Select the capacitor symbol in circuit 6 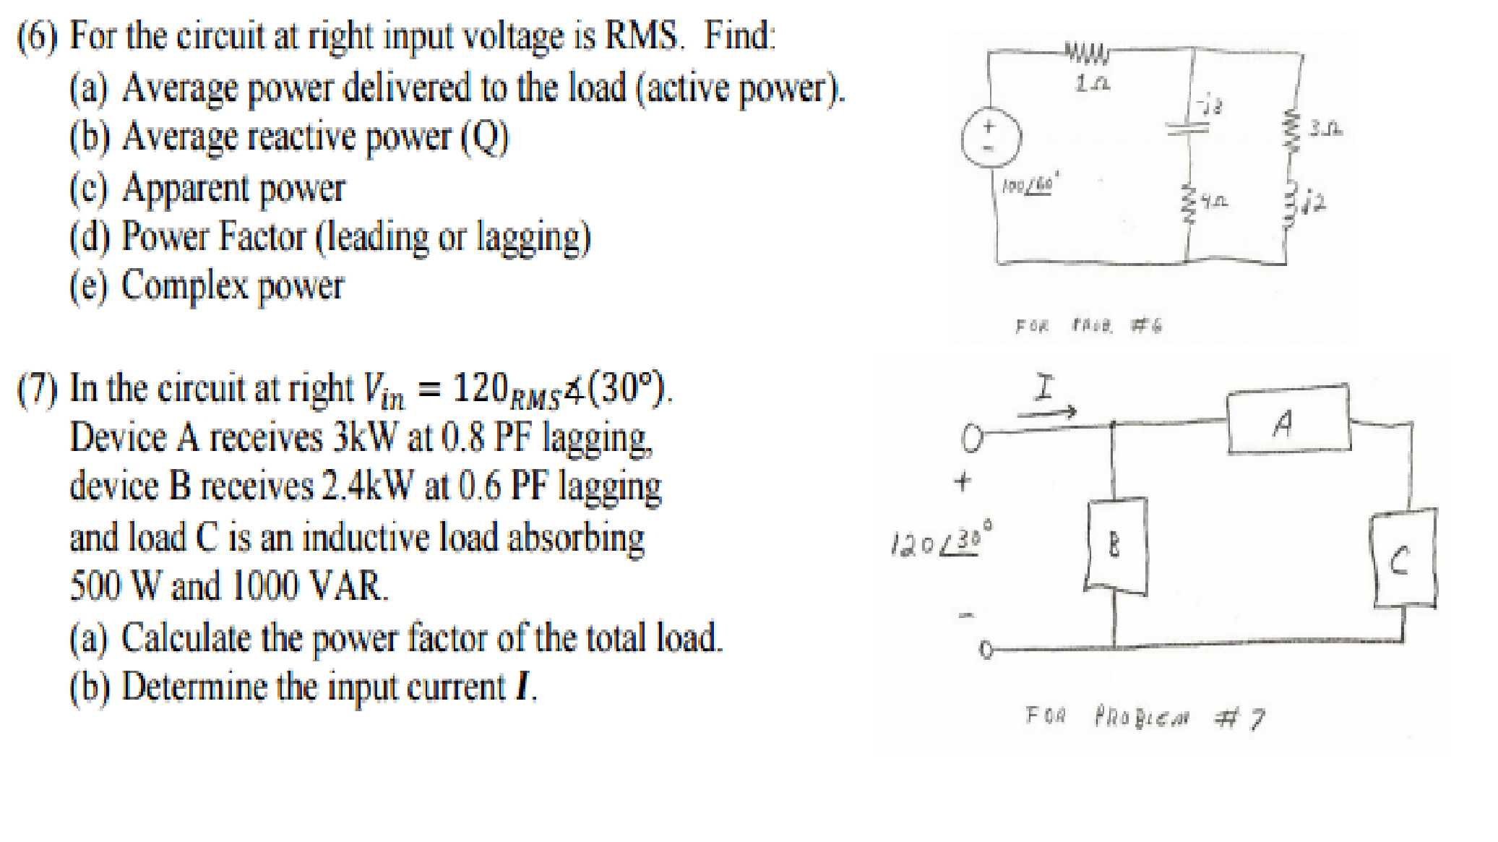pos(1188,127)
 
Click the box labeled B pos(1115,545)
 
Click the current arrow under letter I pos(1046,413)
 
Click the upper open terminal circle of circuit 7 pos(973,437)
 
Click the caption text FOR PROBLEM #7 pos(1145,718)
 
